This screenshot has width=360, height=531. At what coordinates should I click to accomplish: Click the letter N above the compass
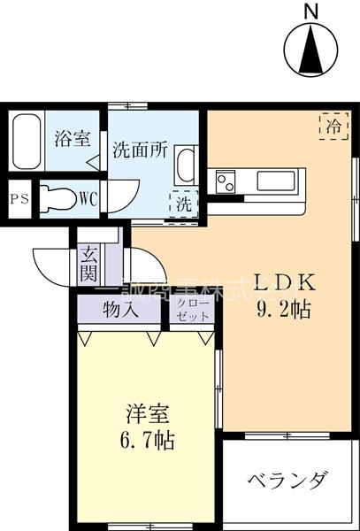pos(311,11)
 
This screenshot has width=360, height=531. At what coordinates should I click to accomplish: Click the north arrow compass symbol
pos(311,50)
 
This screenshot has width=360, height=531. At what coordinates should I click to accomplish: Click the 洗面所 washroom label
pos(140,149)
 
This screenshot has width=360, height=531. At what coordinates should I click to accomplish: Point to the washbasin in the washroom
pos(187,165)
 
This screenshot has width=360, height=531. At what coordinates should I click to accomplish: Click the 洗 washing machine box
pos(184,203)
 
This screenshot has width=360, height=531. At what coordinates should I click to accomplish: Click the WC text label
pos(88,198)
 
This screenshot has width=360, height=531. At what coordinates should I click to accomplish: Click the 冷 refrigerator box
pos(333,127)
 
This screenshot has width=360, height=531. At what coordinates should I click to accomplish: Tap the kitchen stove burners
pos(225,183)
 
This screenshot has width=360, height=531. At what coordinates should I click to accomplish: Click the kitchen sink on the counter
pos(280,181)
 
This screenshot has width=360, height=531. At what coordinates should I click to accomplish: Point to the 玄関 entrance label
pos(91,263)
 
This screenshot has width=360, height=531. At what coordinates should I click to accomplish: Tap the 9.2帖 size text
pos(283,312)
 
